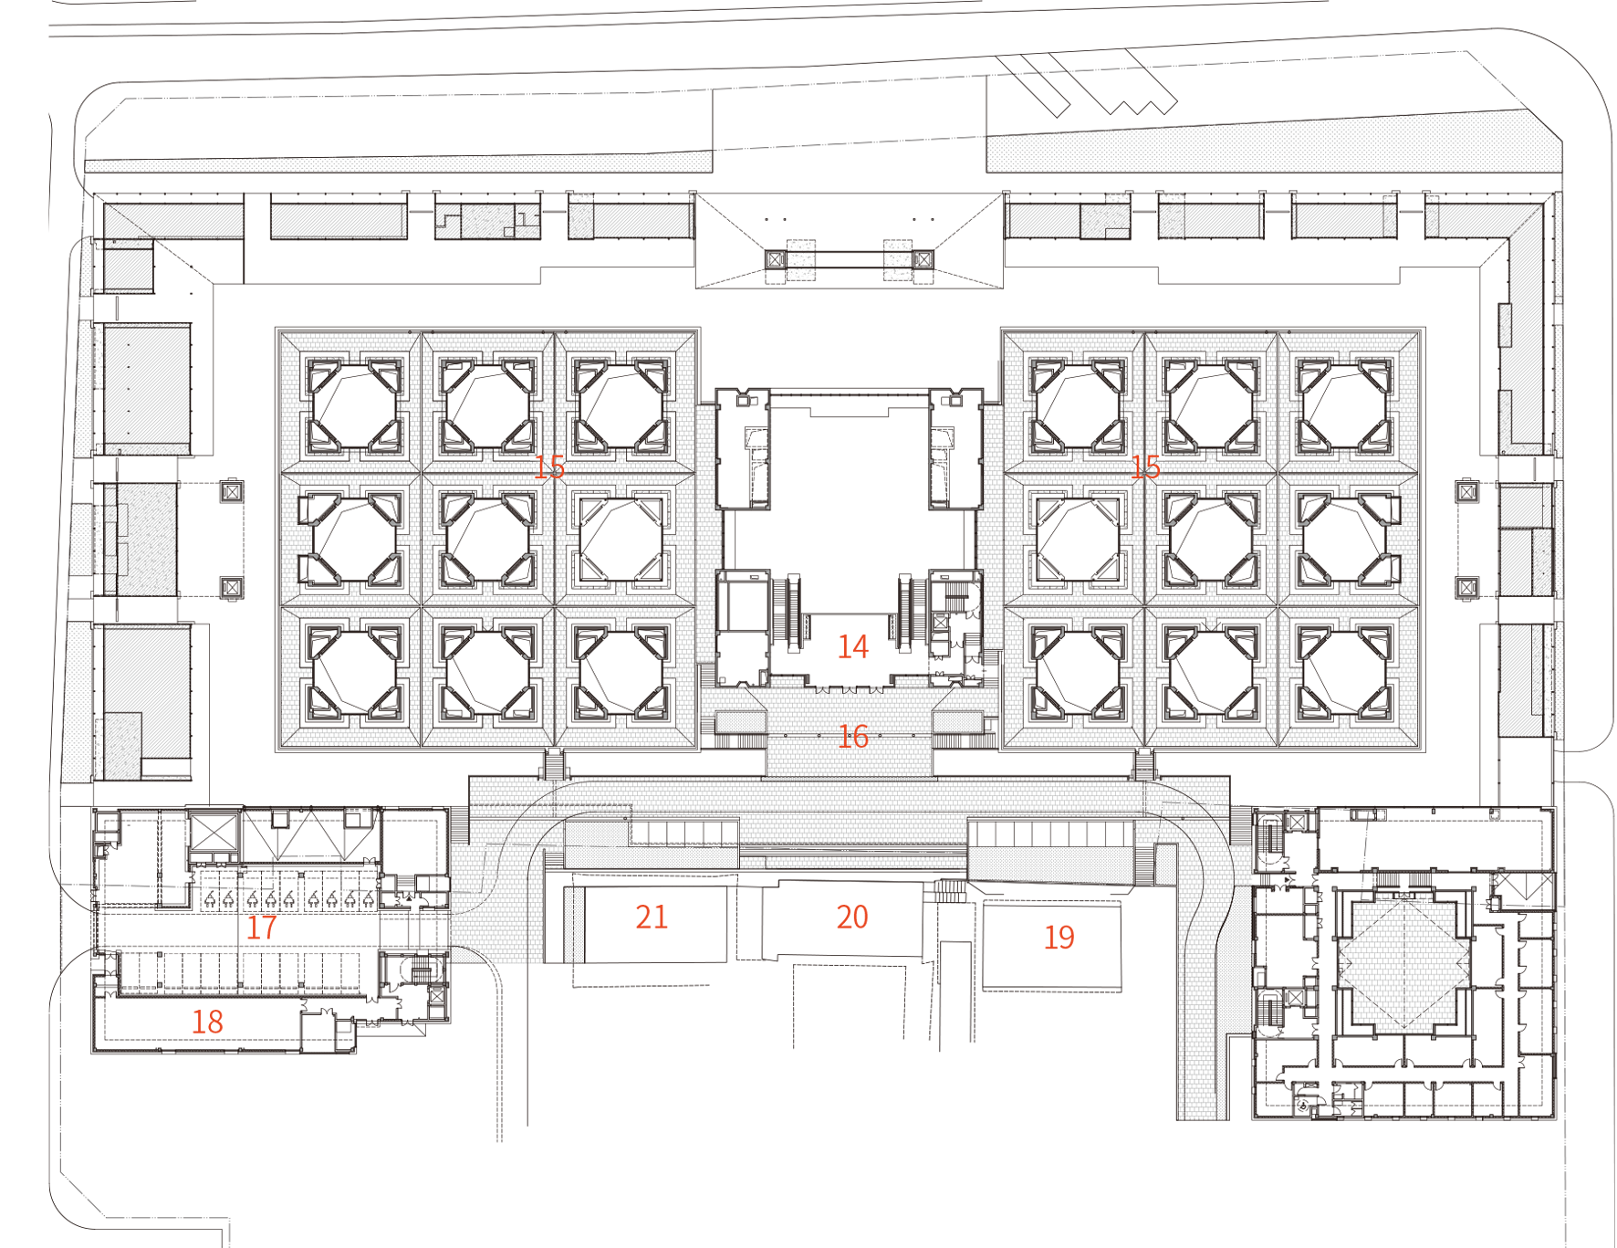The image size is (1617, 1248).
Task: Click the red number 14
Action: pos(853,647)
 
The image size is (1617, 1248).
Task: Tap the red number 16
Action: pos(853,737)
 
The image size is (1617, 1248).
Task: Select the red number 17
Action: pos(261,928)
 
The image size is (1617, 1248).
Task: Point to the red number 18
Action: pos(207,1022)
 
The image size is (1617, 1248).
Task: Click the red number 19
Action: pos(1059,938)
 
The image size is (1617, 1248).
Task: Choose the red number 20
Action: pos(852,917)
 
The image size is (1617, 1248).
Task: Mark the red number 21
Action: pos(652,917)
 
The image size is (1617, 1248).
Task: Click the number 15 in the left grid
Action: pos(549,467)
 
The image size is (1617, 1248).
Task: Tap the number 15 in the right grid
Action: pos(1145,467)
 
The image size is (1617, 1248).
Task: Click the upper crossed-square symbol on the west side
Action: pos(232,492)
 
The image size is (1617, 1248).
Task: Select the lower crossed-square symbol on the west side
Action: pos(232,587)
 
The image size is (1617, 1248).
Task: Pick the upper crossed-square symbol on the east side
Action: pos(1467,492)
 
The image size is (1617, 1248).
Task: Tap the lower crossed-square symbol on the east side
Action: pos(1467,587)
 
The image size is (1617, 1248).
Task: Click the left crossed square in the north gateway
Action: pos(776,259)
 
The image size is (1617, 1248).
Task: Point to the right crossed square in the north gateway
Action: pos(923,259)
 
